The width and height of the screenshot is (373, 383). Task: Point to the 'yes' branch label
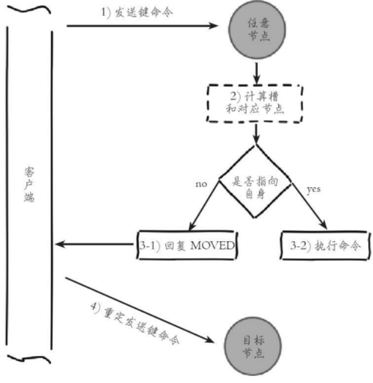click(314, 190)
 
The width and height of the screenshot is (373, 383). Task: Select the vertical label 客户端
click(30, 183)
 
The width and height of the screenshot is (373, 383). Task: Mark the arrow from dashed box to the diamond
click(256, 134)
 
